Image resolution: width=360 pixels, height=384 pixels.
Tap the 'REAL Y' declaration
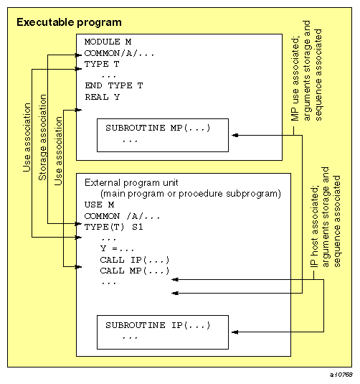coord(101,96)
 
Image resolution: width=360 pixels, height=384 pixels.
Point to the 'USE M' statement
coord(98,204)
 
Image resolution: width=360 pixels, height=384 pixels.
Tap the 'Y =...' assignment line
coord(119,248)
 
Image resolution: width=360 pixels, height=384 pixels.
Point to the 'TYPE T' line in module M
coord(101,64)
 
